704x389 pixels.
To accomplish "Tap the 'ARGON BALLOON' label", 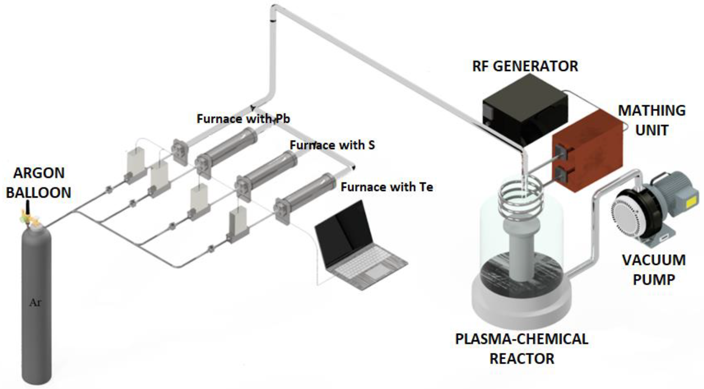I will click(x=39, y=183).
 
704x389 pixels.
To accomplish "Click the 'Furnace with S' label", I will click(x=332, y=145).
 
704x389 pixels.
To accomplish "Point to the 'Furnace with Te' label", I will click(x=387, y=187).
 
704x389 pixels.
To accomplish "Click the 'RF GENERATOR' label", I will click(x=525, y=66).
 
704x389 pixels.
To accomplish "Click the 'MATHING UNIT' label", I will click(x=652, y=120).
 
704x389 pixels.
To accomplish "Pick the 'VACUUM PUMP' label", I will click(x=654, y=270).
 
